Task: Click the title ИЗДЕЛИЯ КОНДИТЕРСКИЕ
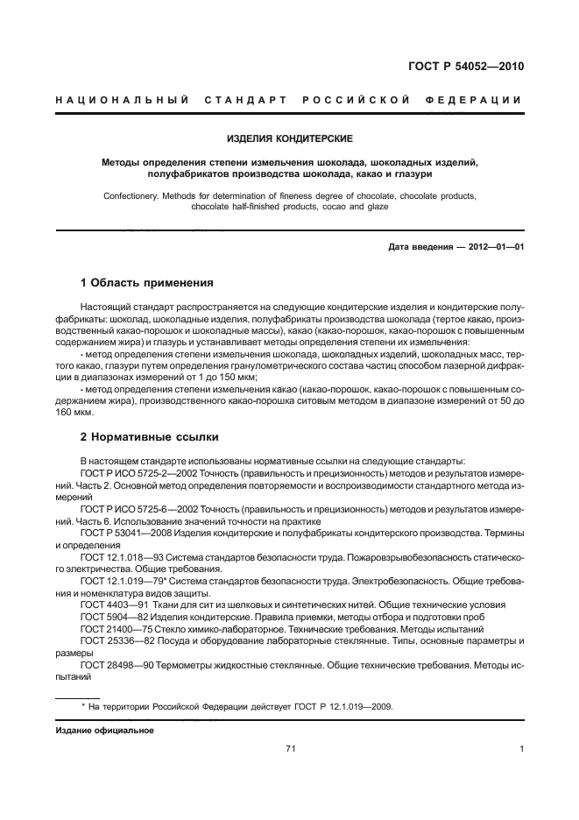[290, 138]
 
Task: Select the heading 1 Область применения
[146, 283]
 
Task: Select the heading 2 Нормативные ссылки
[149, 436]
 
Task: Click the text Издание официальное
[104, 730]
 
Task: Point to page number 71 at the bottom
[291, 749]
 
